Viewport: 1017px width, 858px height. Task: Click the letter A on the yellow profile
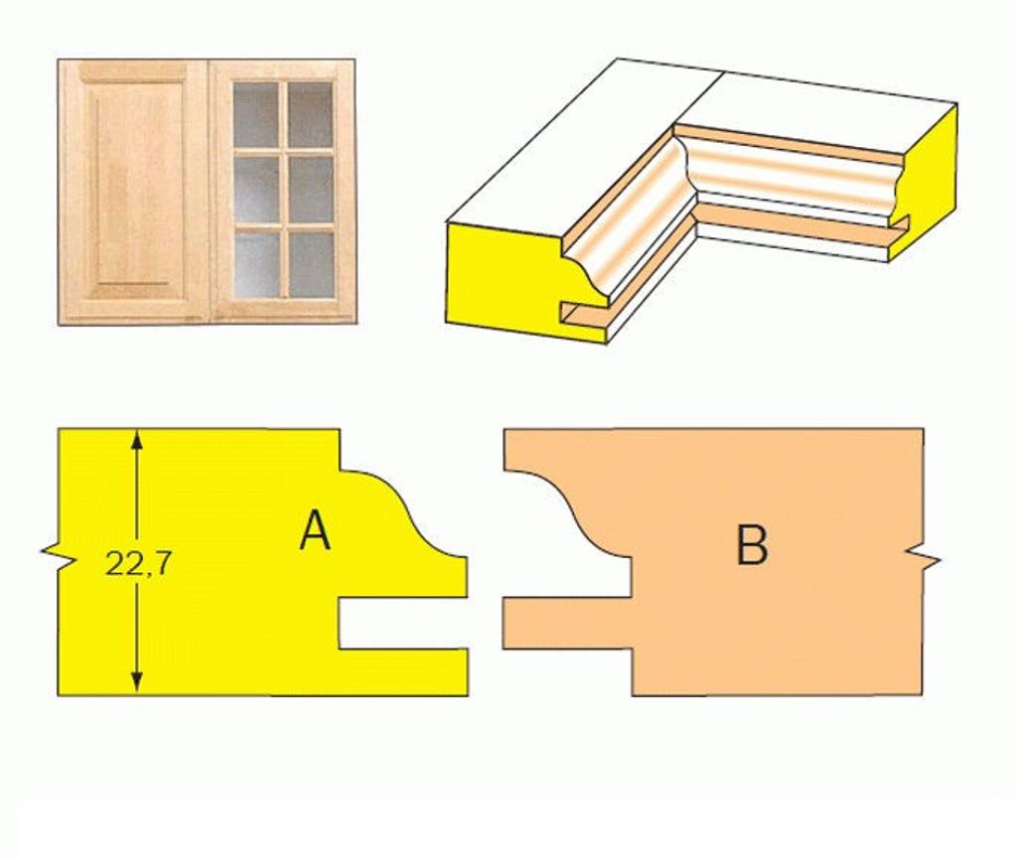tap(315, 530)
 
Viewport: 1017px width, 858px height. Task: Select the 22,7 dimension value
tap(137, 565)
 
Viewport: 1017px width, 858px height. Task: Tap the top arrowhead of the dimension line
tap(136, 440)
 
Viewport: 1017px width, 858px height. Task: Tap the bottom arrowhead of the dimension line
tap(136, 681)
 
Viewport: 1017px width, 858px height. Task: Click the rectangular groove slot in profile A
tap(403, 623)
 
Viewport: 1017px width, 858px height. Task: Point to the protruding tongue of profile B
tap(567, 623)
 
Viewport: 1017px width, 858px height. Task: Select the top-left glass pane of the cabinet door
tap(255, 114)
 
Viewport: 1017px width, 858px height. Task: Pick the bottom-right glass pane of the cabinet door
tap(311, 264)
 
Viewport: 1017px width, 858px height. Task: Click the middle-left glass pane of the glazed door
tap(255, 190)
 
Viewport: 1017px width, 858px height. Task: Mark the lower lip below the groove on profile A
tap(403, 672)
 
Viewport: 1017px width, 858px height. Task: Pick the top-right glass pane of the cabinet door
tap(311, 114)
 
